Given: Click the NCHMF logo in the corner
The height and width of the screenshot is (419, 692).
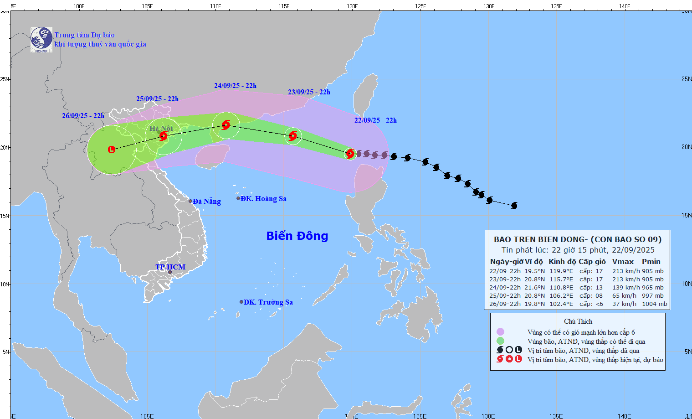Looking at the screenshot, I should (41, 40).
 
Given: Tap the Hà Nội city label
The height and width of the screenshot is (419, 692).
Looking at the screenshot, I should (161, 129).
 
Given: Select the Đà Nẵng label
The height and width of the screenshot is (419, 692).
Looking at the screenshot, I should (206, 202).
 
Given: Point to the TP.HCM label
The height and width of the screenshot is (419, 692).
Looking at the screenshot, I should (170, 267).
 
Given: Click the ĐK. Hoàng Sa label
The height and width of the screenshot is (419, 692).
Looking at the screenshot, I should (263, 199).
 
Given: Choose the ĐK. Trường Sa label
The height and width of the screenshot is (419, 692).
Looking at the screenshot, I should (268, 302).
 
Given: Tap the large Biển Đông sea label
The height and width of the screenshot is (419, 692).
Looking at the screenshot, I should (297, 236).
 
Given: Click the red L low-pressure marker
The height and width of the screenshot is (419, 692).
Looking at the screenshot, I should (112, 150).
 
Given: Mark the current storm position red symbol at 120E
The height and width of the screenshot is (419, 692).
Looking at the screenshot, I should (350, 154).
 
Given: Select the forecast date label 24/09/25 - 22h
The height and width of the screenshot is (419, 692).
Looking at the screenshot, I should (235, 86).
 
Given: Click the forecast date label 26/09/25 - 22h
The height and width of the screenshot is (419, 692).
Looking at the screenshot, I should (83, 116).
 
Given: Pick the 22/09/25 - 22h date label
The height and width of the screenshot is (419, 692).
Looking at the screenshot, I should (375, 120).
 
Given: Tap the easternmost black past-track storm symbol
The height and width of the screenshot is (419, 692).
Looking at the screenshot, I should (514, 206).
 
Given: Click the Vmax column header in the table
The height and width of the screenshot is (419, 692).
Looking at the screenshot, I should (623, 262).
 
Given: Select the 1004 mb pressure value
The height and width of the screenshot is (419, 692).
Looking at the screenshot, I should (654, 304).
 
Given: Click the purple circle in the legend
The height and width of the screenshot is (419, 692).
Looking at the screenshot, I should (500, 332).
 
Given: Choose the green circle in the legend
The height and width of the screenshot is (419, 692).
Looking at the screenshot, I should (500, 341).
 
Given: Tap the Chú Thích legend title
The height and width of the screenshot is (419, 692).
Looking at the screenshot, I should (578, 321).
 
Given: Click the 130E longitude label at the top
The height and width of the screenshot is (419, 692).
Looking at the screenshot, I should (488, 6).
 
